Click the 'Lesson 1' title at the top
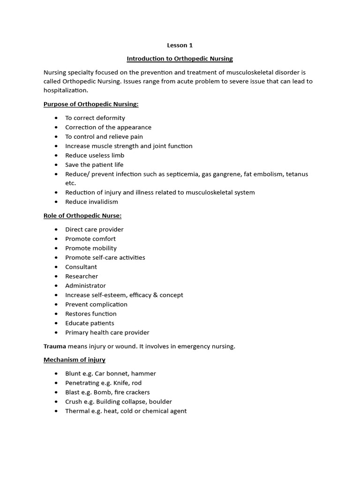[180, 45]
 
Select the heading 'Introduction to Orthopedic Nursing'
[180, 59]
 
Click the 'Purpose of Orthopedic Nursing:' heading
[91, 104]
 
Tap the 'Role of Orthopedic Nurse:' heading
[83, 216]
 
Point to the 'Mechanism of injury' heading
[75, 360]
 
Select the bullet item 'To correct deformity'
[95, 118]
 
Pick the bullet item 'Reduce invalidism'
[91, 202]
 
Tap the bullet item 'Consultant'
[81, 267]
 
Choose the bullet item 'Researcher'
[82, 276]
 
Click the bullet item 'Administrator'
[85, 285]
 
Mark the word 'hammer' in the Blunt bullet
[145, 374]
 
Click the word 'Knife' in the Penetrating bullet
[121, 383]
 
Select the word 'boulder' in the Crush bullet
[160, 402]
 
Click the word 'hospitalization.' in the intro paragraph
[66, 90]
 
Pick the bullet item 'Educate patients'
[90, 323]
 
